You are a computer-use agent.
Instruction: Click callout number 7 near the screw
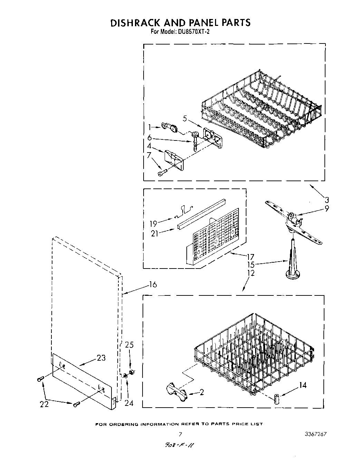click(x=149, y=155)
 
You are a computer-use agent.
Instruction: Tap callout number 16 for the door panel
click(x=153, y=284)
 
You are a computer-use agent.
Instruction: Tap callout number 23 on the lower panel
click(x=101, y=358)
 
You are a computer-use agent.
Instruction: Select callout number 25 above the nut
click(x=129, y=345)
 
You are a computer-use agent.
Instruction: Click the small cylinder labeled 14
click(x=277, y=399)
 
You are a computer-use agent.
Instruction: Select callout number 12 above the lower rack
click(x=251, y=273)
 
